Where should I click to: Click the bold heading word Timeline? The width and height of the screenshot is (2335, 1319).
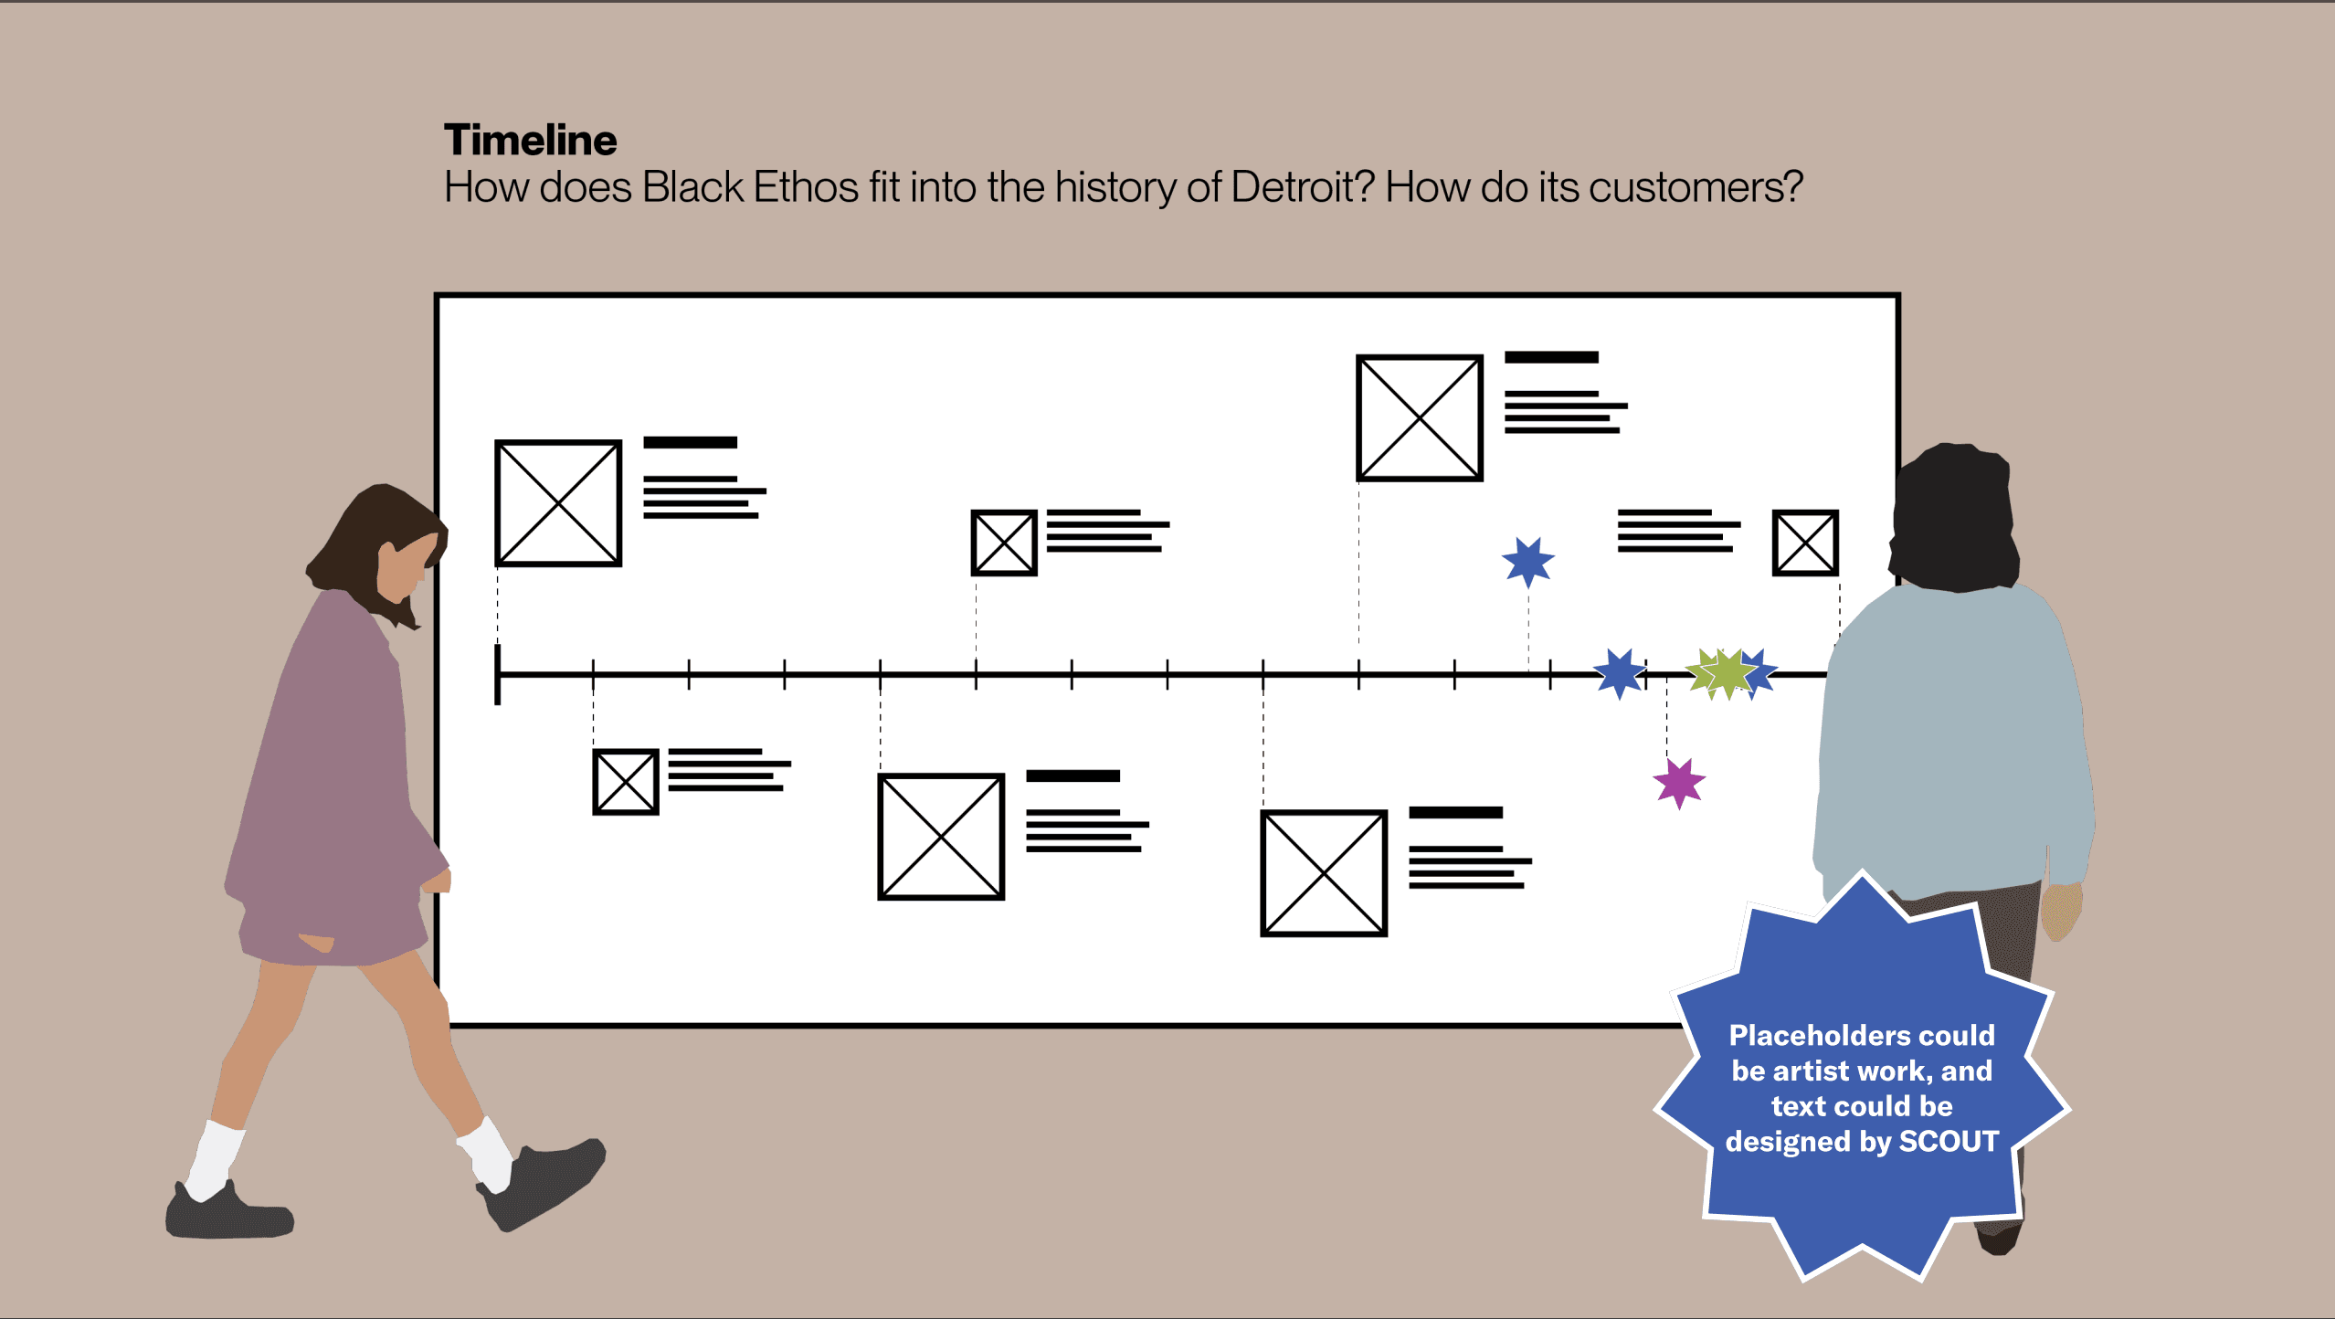[530, 141]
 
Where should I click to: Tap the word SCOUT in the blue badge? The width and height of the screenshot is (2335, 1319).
[1949, 1142]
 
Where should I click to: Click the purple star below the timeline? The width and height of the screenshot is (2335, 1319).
[1679, 783]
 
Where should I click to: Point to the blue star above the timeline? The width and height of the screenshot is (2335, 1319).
[1527, 560]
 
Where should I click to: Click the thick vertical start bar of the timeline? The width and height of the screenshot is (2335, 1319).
[498, 674]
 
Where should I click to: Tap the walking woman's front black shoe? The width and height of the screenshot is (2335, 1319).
[548, 1183]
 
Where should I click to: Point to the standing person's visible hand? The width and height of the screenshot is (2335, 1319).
[2061, 909]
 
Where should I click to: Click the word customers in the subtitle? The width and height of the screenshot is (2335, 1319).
[1696, 187]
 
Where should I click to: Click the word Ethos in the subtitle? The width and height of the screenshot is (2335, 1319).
[805, 187]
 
